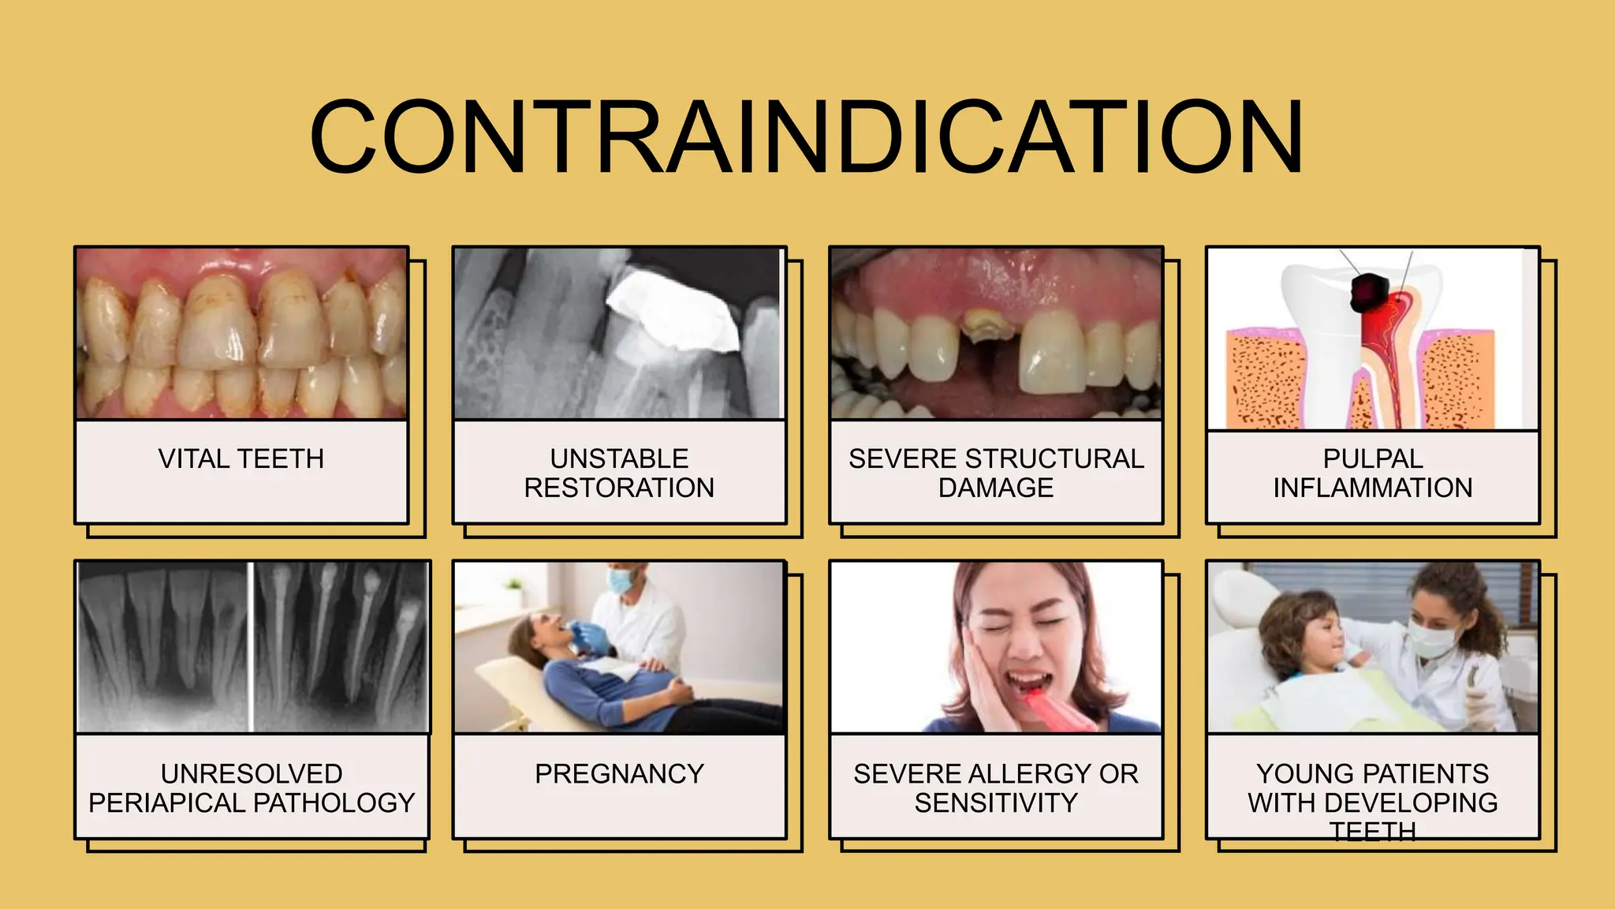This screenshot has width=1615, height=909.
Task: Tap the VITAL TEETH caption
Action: (x=241, y=458)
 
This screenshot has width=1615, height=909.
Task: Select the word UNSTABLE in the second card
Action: (x=619, y=458)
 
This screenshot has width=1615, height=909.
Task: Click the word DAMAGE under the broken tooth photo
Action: (x=995, y=488)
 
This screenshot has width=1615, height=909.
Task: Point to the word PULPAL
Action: (x=1373, y=458)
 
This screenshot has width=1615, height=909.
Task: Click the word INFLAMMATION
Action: (x=1373, y=488)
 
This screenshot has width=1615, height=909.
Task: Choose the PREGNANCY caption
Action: (x=619, y=773)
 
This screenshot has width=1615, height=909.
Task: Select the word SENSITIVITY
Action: (x=995, y=802)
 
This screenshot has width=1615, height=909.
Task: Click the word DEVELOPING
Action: (x=1411, y=802)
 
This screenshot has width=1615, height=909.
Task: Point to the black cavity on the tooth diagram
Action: (x=1368, y=292)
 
